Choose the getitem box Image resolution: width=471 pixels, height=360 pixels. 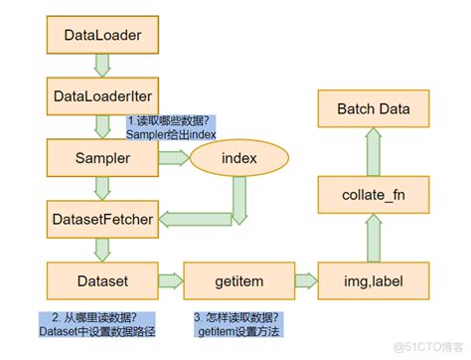(238, 276)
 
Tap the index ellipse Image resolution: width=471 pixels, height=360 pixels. (238, 157)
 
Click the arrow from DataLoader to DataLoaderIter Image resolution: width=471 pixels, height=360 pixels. (101, 66)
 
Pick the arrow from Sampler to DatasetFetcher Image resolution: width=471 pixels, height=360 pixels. (101, 187)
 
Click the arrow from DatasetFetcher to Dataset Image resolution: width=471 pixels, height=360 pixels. (101, 247)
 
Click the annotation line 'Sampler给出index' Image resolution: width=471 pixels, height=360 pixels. (172, 134)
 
